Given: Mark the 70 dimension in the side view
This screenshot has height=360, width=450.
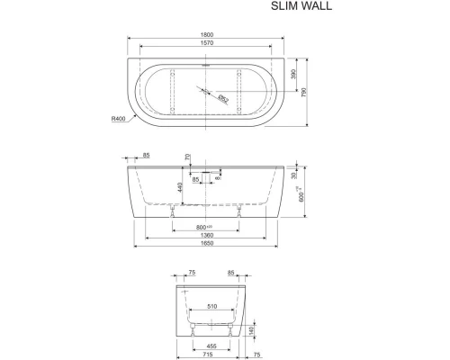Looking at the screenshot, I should point(187,158).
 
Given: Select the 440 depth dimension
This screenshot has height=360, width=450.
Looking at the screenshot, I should point(180,187).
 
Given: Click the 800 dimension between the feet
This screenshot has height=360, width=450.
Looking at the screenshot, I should point(205,227).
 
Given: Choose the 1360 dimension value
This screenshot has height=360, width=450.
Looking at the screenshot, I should point(209,235).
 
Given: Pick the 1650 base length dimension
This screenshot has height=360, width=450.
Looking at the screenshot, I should point(209,245).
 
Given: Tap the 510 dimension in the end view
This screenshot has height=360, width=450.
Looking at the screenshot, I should point(209,307).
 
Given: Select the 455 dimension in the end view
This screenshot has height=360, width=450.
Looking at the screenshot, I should point(209,344).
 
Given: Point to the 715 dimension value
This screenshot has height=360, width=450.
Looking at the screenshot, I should point(209,354).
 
